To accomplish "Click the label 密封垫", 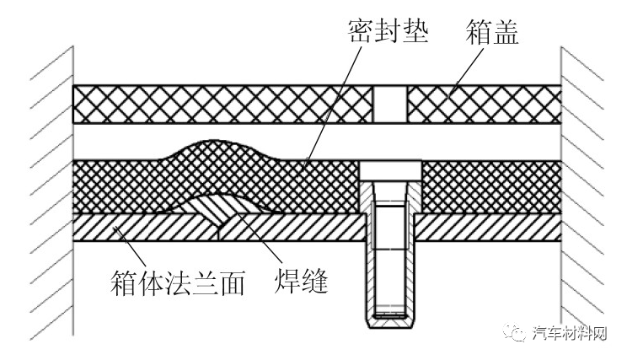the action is pyautogui.click(x=389, y=31).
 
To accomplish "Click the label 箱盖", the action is pyautogui.click(x=492, y=32).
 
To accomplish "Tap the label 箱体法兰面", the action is pyautogui.click(x=178, y=282).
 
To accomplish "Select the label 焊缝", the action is pyautogui.click(x=301, y=282).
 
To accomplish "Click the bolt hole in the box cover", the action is pyautogui.click(x=390, y=104).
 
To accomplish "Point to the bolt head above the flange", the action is pyautogui.click(x=390, y=171).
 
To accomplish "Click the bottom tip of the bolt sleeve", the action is pyautogui.click(x=390, y=326).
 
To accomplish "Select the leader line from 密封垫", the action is pyautogui.click(x=332, y=107).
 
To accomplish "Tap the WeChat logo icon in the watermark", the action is pyautogui.click(x=515, y=332).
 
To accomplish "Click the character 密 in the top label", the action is pyautogui.click(x=361, y=31).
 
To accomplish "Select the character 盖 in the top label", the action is pyautogui.click(x=506, y=32).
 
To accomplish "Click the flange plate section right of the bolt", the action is pyautogui.click(x=488, y=227).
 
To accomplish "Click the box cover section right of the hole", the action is pyautogui.click(x=485, y=104).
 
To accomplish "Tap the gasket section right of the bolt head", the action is pyautogui.click(x=491, y=187).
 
